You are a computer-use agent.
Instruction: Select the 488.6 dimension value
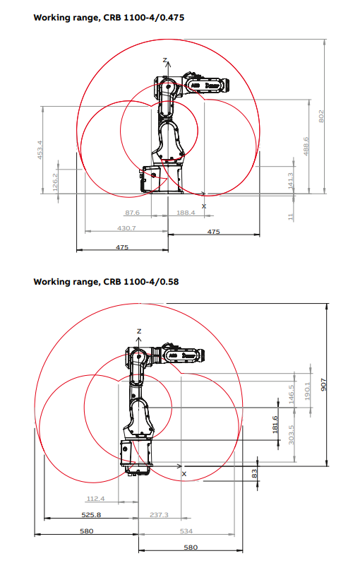306,146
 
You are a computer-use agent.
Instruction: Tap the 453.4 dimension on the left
40,149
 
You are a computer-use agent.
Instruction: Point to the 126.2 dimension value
56,181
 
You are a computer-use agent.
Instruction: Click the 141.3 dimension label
291,181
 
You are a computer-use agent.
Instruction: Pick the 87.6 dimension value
132,212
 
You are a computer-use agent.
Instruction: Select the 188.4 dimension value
186,212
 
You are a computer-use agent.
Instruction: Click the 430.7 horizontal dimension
126,228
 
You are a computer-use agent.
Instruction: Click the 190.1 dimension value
306,391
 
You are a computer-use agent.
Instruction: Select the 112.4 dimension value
95,499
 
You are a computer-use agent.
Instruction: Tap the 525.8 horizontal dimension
90,515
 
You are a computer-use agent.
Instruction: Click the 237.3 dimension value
159,515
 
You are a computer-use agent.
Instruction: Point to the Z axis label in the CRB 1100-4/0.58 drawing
140,331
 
